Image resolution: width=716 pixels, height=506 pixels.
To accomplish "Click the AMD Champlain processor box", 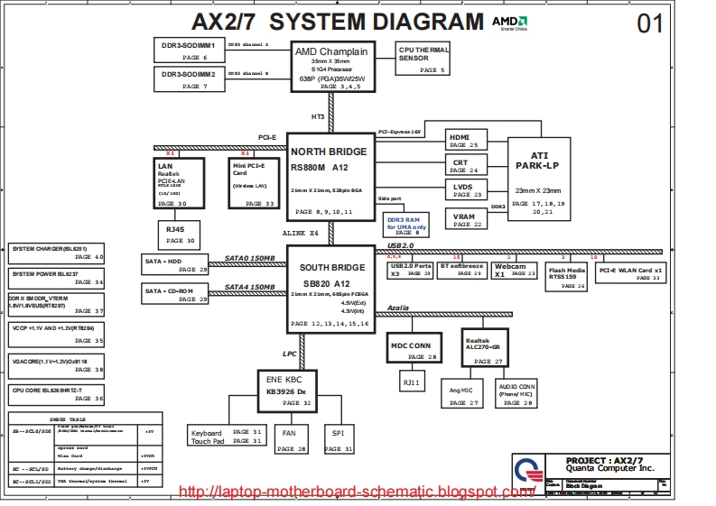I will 331,67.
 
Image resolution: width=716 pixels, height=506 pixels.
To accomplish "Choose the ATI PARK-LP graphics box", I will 539,179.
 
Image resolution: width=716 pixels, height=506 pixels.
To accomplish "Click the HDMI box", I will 468,140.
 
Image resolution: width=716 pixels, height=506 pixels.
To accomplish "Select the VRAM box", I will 468,220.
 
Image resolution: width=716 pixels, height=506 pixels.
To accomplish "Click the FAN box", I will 289,438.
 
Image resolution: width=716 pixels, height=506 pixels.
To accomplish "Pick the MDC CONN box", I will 411,350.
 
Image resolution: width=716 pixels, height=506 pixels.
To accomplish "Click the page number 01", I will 650,24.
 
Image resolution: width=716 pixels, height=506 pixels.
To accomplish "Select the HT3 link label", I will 318,117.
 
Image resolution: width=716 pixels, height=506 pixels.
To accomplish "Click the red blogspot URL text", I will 357,492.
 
